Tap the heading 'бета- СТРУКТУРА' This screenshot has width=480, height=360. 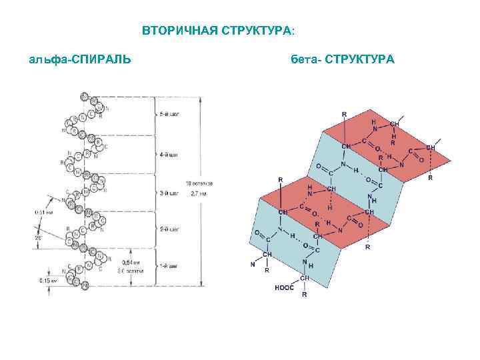343,61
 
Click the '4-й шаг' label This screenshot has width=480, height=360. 169,155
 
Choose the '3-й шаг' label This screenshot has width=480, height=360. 169,193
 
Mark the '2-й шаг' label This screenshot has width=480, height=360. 169,229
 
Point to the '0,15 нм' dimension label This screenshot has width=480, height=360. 48,281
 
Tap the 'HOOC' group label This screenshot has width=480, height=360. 285,288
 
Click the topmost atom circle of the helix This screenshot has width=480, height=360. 84,97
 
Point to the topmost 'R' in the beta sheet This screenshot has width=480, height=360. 344,114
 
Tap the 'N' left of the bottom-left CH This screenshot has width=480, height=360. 253,265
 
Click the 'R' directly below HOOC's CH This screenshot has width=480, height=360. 305,294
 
